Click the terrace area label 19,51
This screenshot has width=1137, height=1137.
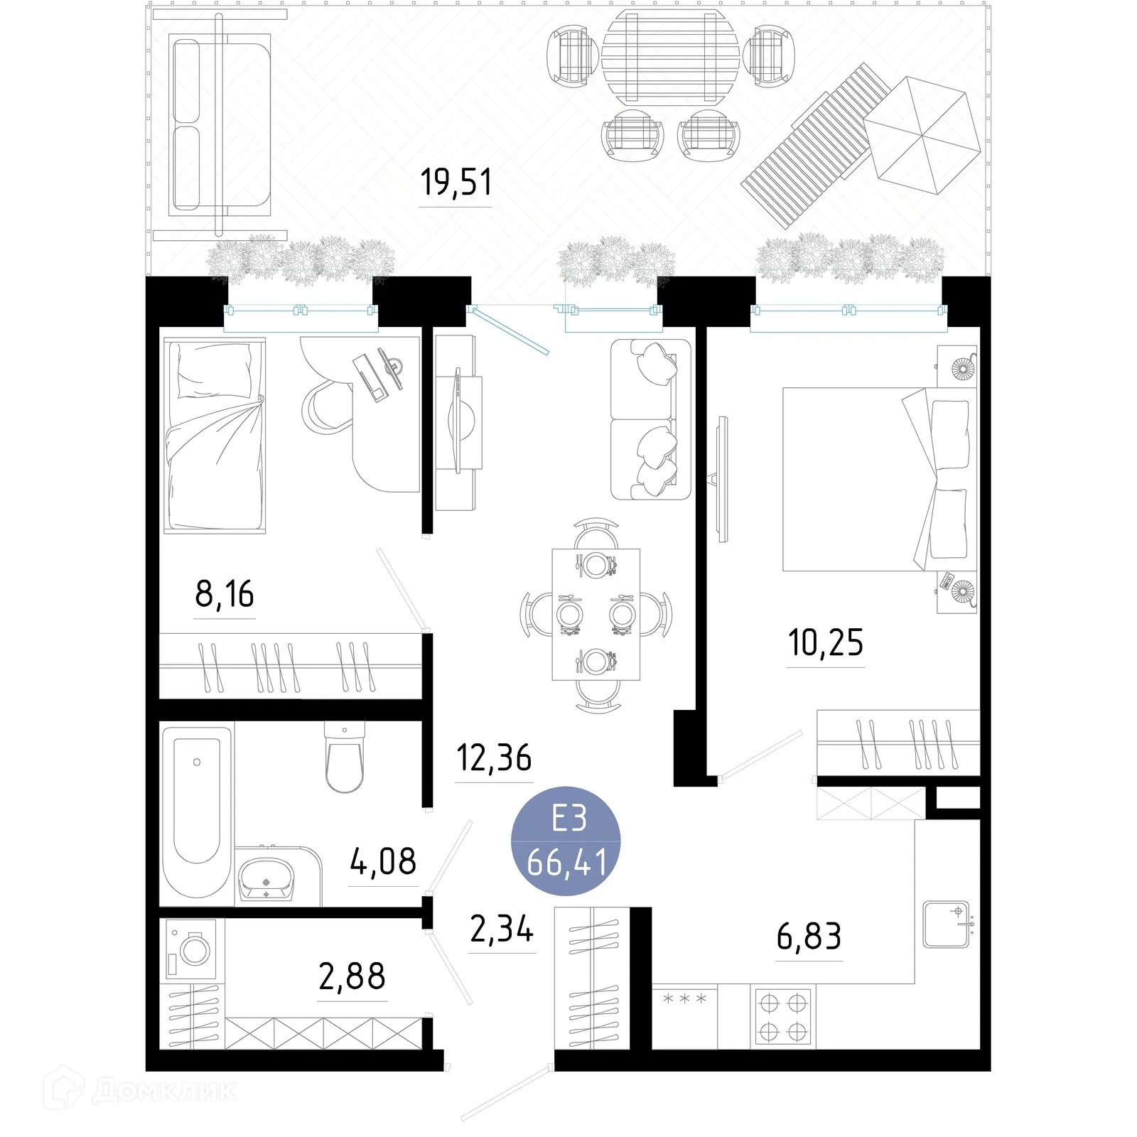point(456,182)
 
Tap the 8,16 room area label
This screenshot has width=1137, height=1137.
point(224,594)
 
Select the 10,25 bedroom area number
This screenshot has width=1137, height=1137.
point(825,642)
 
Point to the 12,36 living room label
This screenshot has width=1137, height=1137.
point(493,758)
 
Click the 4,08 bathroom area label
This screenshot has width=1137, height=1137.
point(382,862)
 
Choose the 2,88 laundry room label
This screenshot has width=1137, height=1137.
point(352,976)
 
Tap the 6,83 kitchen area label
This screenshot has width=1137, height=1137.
point(809,937)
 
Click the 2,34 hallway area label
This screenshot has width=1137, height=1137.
point(501,929)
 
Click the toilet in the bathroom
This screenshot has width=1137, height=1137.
point(344,759)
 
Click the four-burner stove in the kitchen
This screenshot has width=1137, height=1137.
point(782,1016)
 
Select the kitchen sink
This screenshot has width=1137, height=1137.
point(946,925)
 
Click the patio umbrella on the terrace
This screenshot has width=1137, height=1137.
point(922,135)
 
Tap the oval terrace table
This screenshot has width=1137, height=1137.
point(670,57)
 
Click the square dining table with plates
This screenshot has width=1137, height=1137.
point(596,614)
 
